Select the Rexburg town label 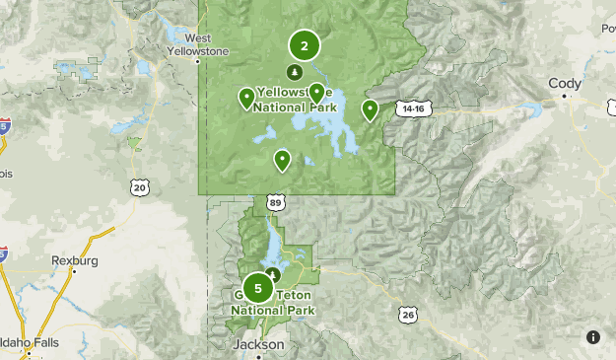[x=75, y=260]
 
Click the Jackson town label [x=258, y=344]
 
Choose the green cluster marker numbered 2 [x=305, y=45]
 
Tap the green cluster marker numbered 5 [x=258, y=288]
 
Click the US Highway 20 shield [x=140, y=186]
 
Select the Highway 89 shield [x=276, y=203]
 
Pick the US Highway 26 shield [x=408, y=314]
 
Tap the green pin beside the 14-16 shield [x=370, y=109]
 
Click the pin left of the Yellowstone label [x=245, y=97]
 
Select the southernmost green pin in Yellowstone [x=282, y=159]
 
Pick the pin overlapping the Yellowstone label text [x=315, y=93]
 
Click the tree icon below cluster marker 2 [x=294, y=72]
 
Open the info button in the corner [x=593, y=337]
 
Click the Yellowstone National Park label [x=296, y=101]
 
